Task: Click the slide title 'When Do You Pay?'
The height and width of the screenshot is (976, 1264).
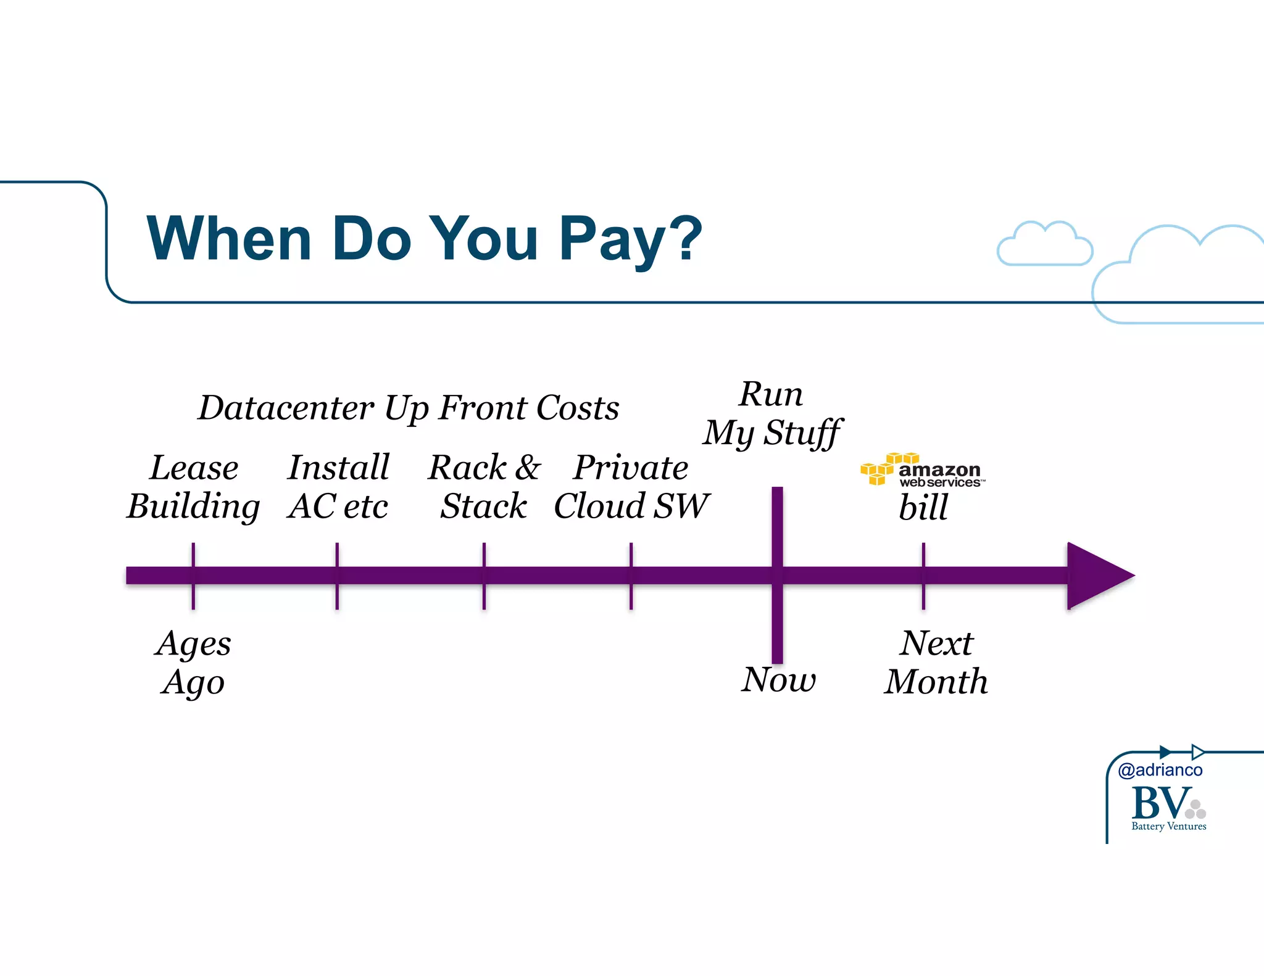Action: click(424, 239)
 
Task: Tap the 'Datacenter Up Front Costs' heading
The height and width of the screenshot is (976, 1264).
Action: click(409, 408)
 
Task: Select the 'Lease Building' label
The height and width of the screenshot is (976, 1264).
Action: click(194, 487)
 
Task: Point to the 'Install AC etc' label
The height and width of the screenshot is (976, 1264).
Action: click(338, 487)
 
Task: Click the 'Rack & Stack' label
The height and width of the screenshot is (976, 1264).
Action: click(484, 487)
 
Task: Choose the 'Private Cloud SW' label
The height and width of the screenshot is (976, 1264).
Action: click(631, 487)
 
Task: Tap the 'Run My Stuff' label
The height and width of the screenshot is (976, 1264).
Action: click(772, 413)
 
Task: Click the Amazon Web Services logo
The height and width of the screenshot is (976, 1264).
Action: click(922, 470)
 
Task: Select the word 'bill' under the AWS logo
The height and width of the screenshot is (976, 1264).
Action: click(923, 508)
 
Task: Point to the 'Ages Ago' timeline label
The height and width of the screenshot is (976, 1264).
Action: click(194, 663)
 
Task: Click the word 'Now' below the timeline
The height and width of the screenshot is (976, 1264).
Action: click(778, 680)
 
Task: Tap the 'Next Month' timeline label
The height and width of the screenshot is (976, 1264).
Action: click(936, 663)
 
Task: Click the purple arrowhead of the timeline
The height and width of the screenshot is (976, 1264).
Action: click(1096, 576)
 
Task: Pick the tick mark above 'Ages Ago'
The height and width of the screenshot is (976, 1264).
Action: click(193, 555)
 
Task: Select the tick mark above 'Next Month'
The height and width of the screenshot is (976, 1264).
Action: click(923, 555)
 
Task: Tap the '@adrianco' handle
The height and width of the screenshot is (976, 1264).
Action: click(1160, 770)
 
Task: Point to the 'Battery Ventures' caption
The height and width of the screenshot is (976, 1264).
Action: click(1168, 827)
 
